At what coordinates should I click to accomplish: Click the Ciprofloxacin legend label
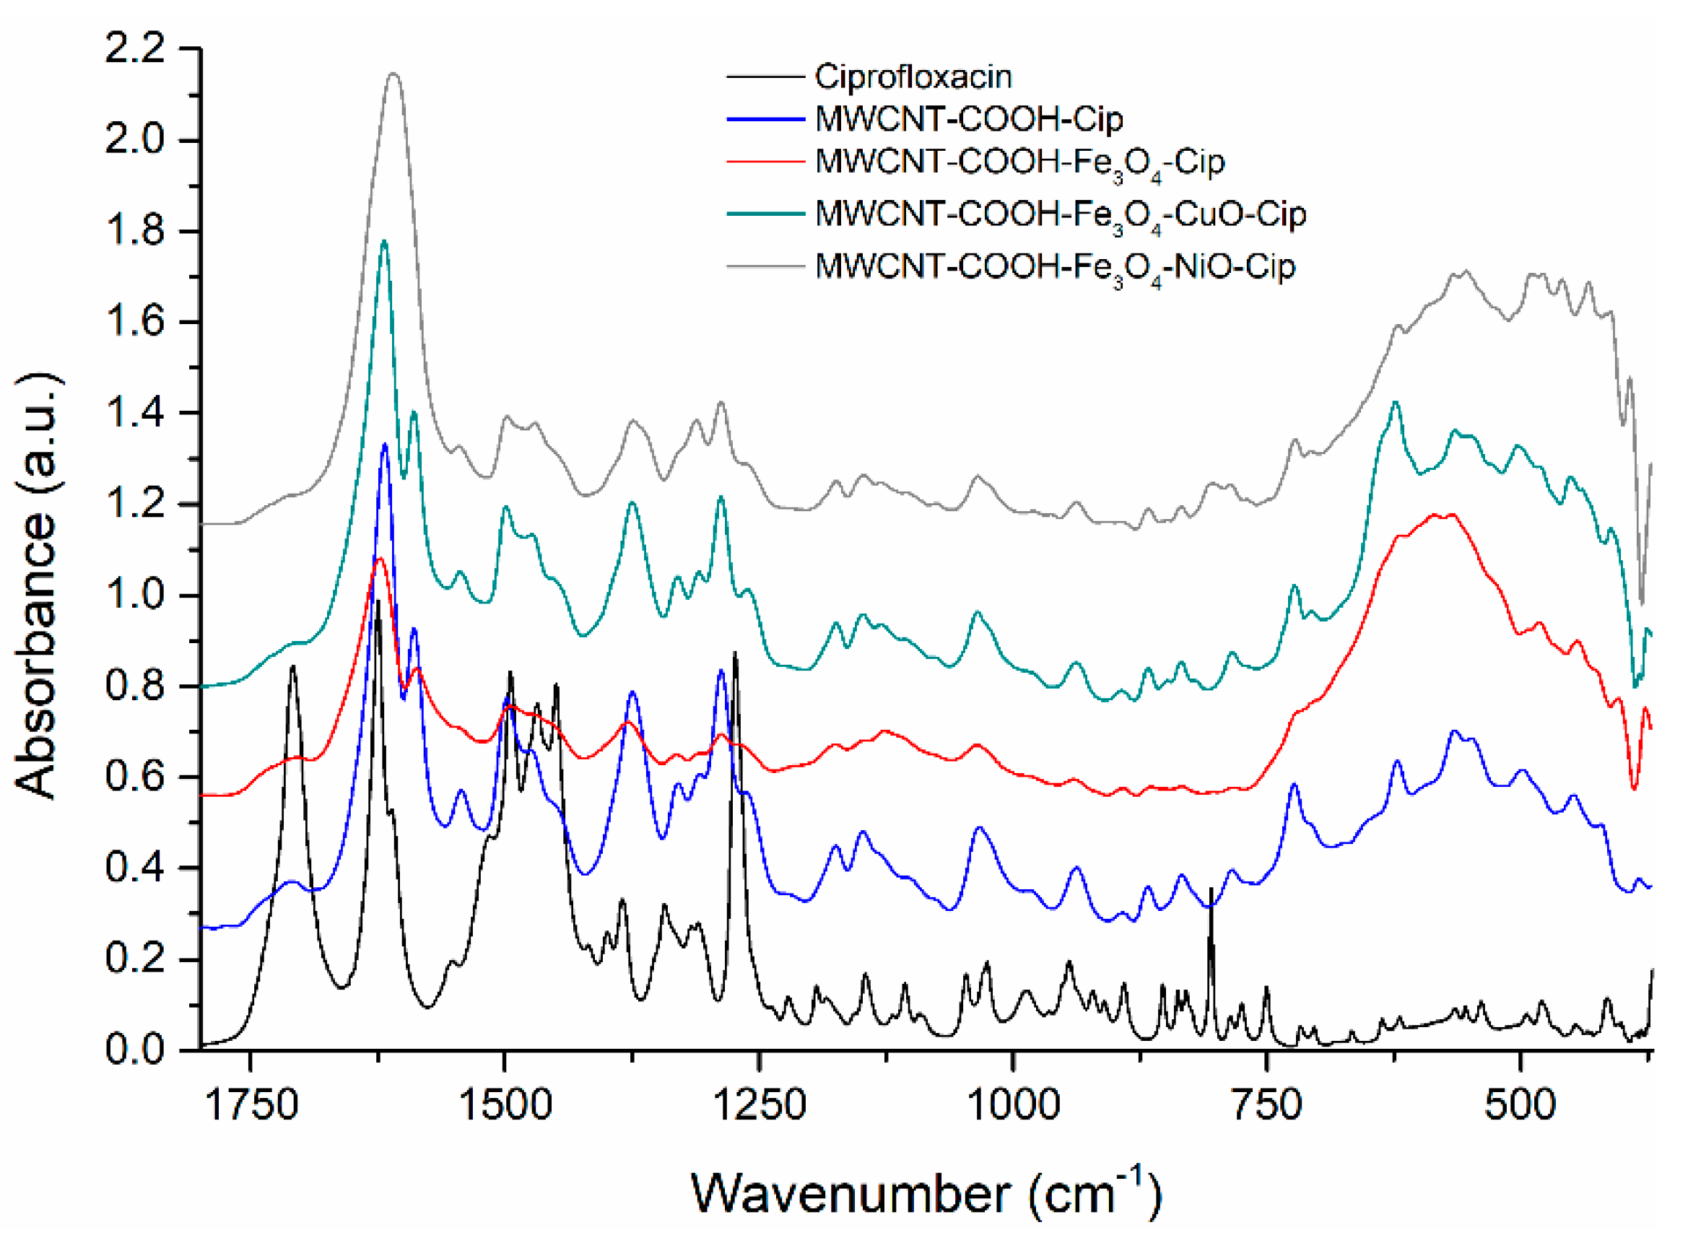(912, 77)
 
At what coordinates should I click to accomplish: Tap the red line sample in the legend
(765, 162)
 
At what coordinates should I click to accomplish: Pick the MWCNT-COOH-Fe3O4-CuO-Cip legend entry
(1060, 214)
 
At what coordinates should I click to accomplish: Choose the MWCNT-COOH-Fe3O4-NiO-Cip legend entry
(1054, 267)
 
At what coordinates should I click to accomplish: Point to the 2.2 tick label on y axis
(135, 50)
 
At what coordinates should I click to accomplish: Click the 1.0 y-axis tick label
(135, 596)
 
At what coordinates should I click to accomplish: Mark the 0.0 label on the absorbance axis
(135, 1050)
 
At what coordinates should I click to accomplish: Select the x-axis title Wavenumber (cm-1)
(926, 1195)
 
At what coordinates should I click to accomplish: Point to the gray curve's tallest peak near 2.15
(393, 74)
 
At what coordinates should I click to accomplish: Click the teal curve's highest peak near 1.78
(384, 241)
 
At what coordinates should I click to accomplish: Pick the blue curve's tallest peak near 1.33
(385, 445)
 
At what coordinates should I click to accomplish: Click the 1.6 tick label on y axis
(135, 322)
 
